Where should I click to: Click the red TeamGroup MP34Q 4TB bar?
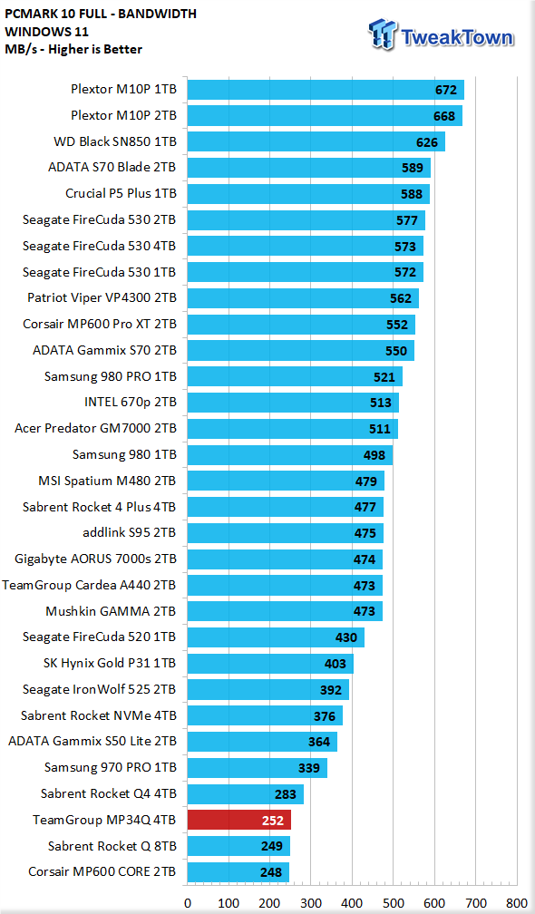coord(239,820)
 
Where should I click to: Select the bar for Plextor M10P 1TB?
coord(326,90)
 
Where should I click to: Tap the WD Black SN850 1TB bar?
coord(316,141)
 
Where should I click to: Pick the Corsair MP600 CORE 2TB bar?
coord(238,872)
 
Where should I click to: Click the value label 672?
coord(446,90)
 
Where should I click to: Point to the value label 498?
coord(374,455)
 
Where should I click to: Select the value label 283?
coord(286,794)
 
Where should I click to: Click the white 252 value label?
coord(273,821)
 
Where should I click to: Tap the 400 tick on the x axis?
coord(352,903)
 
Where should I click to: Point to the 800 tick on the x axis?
coord(516,903)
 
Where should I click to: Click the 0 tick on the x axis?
coord(188,903)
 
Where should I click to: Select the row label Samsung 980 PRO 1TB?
coord(110,376)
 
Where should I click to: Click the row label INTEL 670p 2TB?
coord(131,402)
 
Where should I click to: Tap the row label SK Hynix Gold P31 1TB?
coord(110,664)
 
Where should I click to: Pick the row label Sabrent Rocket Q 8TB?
coord(112,846)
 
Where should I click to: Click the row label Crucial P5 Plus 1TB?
coord(121,193)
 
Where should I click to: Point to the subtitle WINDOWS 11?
coord(45,32)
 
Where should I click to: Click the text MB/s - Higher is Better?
coord(73,49)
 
